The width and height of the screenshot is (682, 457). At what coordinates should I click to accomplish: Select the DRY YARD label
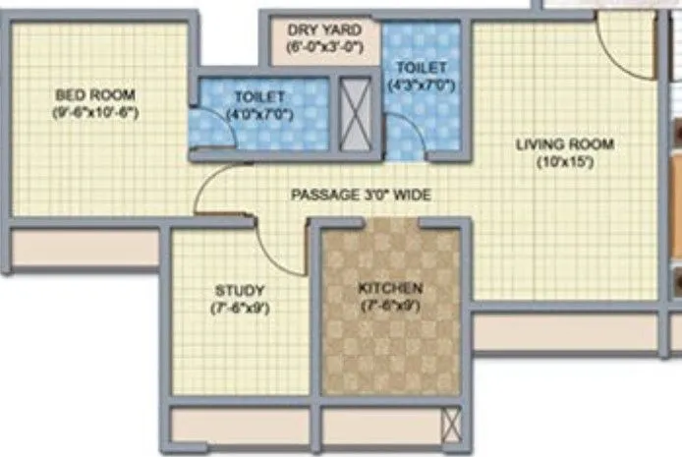click(323, 29)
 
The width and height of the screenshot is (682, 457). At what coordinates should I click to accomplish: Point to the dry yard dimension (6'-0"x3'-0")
click(323, 46)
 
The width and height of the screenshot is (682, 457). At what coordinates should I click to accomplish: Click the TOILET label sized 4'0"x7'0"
click(259, 97)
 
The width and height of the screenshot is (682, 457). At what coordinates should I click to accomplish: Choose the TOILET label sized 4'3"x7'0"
click(422, 67)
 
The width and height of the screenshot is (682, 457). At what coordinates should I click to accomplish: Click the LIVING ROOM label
click(565, 144)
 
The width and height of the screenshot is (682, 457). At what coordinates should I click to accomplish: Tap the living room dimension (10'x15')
click(565, 162)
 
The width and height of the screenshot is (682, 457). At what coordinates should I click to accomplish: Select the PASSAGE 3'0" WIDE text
click(361, 195)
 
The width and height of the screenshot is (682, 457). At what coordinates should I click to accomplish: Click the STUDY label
click(239, 290)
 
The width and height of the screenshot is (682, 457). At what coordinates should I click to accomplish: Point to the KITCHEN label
click(390, 288)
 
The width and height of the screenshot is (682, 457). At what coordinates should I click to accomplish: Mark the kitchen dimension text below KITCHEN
click(390, 306)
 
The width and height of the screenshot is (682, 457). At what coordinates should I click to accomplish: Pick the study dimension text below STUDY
click(239, 307)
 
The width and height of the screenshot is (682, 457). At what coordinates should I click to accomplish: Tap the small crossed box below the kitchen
click(450, 424)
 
